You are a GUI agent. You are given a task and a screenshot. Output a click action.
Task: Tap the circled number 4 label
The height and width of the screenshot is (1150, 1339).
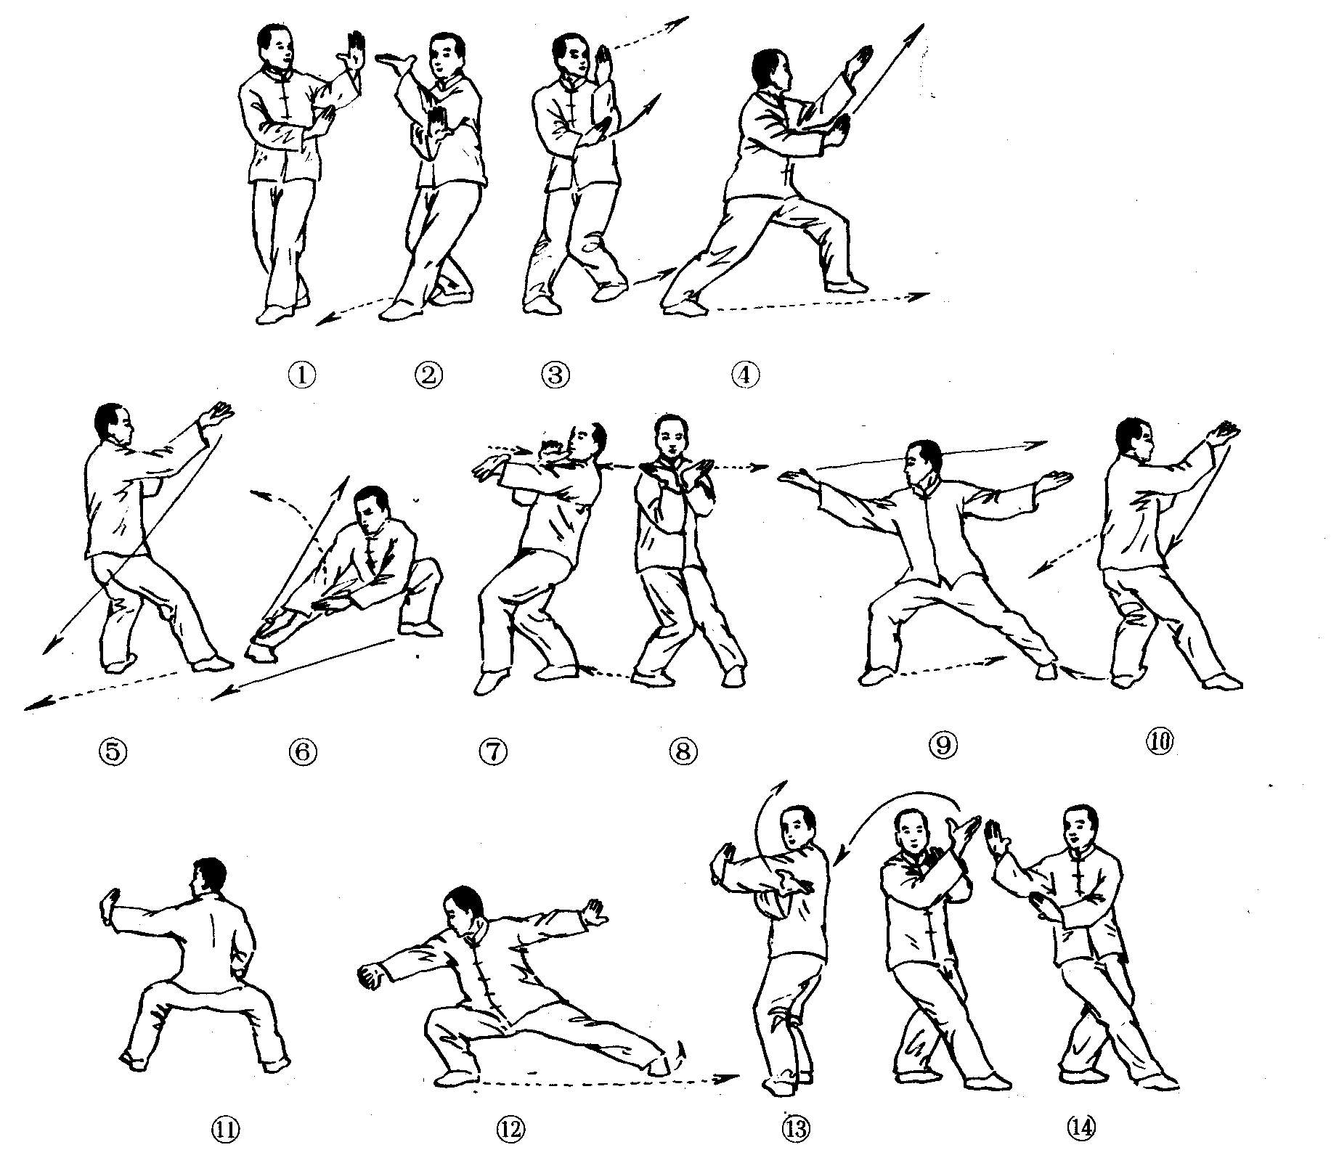[745, 375]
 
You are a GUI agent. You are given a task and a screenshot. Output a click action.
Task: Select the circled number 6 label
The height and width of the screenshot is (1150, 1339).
[304, 752]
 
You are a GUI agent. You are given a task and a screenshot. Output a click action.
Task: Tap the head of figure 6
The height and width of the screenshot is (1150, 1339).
[375, 508]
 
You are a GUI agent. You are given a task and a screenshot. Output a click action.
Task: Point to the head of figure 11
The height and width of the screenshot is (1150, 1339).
[209, 880]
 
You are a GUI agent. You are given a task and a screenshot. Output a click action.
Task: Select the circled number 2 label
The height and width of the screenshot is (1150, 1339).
[428, 375]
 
